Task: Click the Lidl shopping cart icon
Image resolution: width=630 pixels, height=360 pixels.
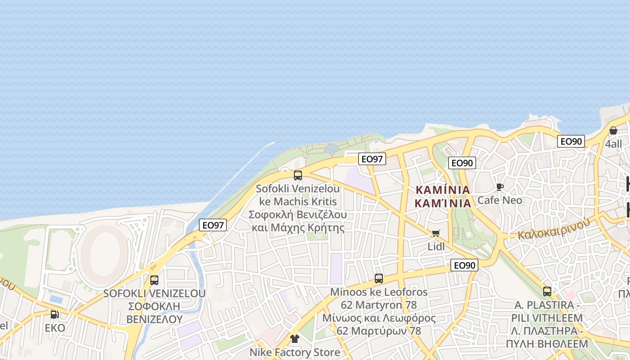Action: click(x=436, y=233)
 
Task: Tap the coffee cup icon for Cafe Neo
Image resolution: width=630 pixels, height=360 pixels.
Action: click(x=499, y=187)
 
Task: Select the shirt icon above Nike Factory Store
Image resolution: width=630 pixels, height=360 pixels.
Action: click(x=295, y=339)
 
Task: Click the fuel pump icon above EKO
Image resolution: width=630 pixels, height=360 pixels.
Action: click(x=54, y=315)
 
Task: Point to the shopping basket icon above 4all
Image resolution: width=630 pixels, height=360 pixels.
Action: click(x=613, y=130)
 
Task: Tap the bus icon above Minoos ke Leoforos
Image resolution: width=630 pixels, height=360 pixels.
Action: click(x=379, y=279)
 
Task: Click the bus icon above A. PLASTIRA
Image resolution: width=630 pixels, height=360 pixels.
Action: click(x=547, y=292)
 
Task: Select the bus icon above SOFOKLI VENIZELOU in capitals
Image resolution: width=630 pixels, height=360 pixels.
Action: click(x=154, y=280)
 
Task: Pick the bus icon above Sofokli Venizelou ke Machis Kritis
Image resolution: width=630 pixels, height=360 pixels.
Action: click(x=297, y=175)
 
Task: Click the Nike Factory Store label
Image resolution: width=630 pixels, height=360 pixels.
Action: click(x=295, y=352)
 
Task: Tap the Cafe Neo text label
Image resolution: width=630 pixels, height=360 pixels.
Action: click(x=499, y=200)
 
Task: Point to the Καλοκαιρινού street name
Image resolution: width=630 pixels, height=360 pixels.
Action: click(x=553, y=229)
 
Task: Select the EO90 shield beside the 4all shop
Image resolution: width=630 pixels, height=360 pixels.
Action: click(x=571, y=141)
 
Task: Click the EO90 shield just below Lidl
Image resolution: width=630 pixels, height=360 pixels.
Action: click(x=464, y=265)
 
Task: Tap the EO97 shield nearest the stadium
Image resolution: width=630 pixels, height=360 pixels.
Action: click(x=213, y=225)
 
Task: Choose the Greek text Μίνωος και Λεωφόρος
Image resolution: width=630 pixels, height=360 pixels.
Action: click(x=379, y=318)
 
